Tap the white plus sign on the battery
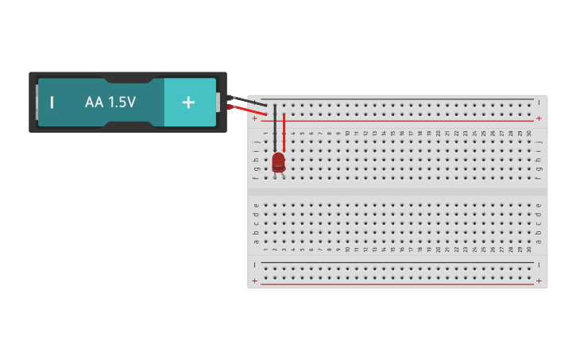click(x=188, y=102)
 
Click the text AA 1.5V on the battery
click(x=110, y=103)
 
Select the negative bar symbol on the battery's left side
click(x=52, y=103)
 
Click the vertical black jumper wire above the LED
click(x=275, y=127)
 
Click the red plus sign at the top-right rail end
click(x=539, y=118)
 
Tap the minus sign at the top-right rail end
click(x=539, y=103)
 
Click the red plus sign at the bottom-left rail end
click(x=255, y=281)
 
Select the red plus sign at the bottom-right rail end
click(x=539, y=281)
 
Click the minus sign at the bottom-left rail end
click(x=255, y=265)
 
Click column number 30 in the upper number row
click(x=529, y=134)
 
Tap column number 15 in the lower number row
click(x=392, y=250)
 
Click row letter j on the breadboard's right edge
click(x=539, y=142)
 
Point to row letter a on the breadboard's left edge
click(x=256, y=241)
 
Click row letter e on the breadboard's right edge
click(x=539, y=205)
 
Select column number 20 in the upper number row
click(x=438, y=134)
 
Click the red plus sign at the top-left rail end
click(x=255, y=118)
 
